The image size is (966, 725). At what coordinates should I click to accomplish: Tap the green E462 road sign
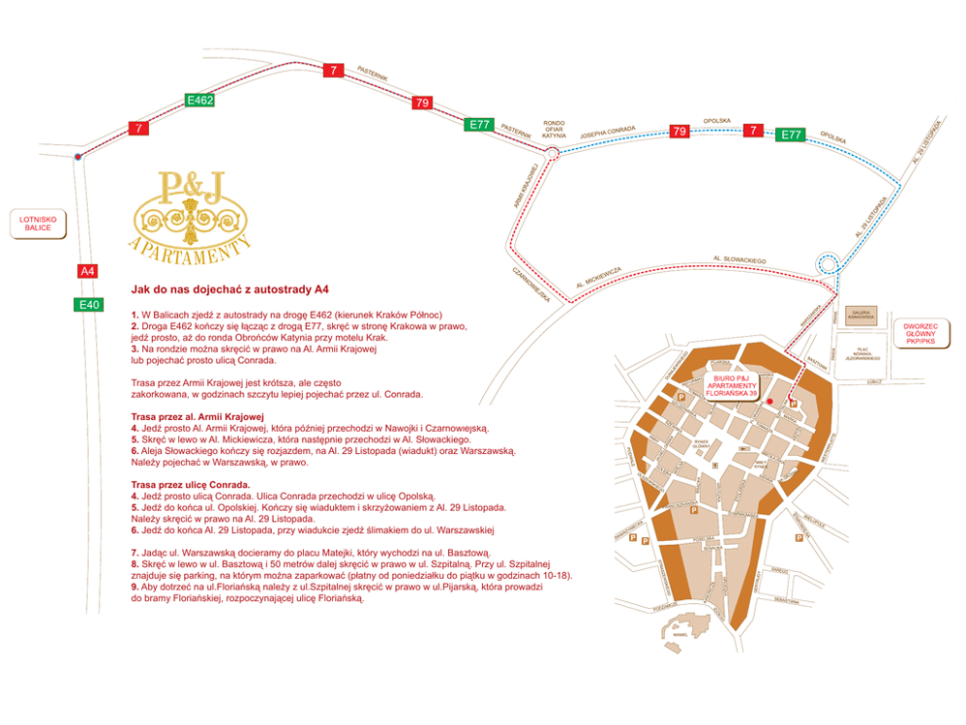(200, 100)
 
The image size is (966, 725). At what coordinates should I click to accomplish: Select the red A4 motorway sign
(89, 271)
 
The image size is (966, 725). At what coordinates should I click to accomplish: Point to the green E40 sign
(89, 305)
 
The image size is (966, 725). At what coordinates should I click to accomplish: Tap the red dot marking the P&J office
(768, 401)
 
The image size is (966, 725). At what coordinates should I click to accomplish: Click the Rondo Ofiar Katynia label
(554, 130)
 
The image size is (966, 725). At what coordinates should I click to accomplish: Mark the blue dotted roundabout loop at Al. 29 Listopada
(829, 263)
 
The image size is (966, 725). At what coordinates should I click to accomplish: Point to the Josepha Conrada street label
(608, 134)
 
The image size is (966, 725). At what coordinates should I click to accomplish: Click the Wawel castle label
(678, 635)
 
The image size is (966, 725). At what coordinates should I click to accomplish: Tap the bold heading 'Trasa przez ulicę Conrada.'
(190, 484)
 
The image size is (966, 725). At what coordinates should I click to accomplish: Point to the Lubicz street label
(873, 382)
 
